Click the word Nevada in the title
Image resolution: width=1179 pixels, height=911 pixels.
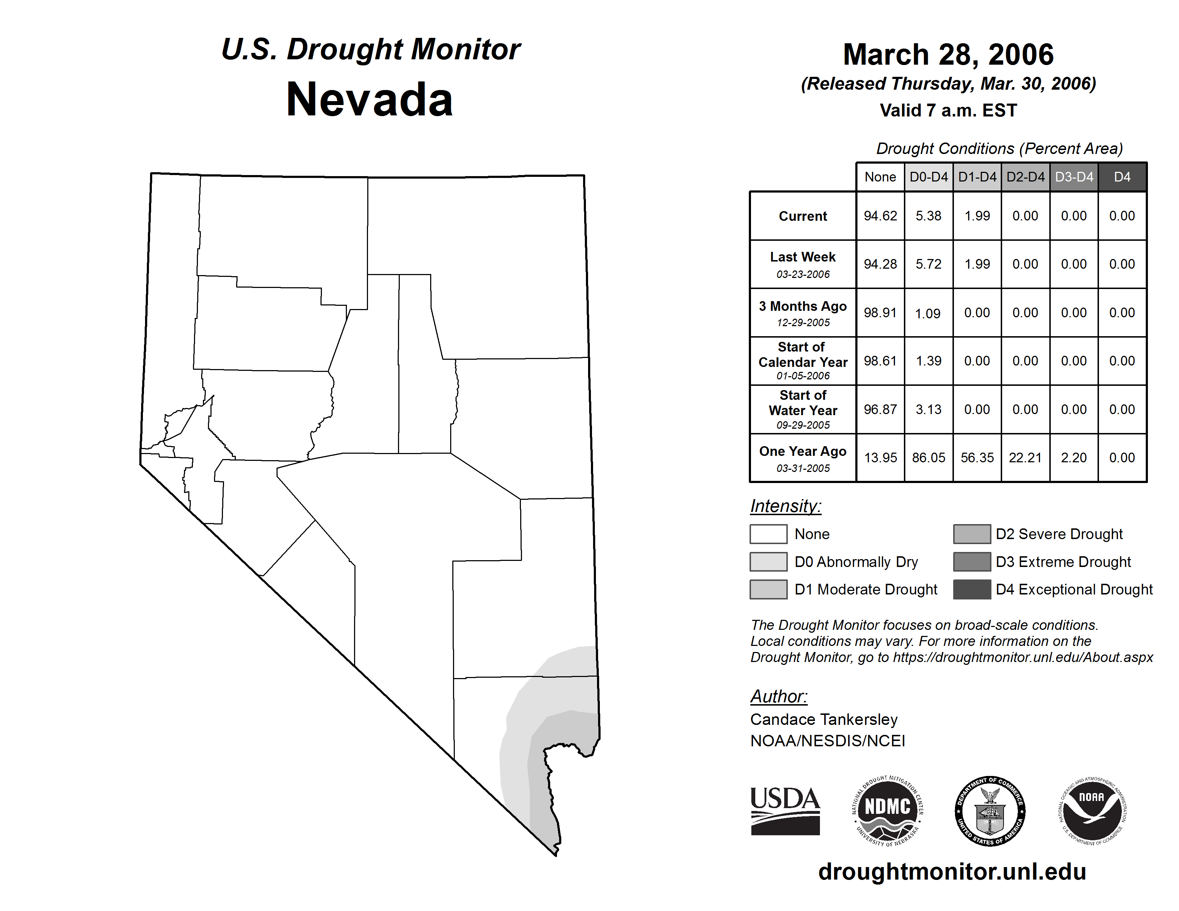369,99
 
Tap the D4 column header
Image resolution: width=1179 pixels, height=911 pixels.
1122,177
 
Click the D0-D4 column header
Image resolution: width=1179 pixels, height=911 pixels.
929,177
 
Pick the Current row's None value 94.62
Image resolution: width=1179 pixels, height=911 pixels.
880,216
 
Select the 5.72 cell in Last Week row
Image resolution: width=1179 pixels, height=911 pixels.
929,264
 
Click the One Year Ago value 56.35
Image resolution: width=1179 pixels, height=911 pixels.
977,458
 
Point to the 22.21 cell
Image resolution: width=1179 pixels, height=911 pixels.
1025,458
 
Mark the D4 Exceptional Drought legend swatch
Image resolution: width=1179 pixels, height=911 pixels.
972,589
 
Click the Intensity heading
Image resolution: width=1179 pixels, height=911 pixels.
785,506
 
